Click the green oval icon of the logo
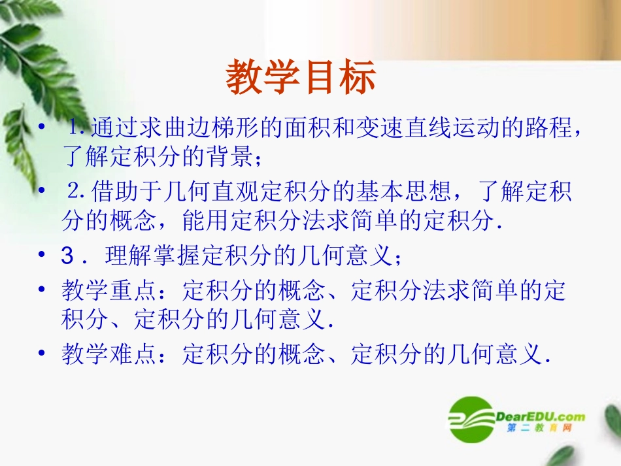pos(471,418)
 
